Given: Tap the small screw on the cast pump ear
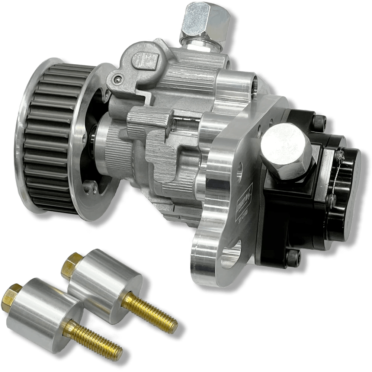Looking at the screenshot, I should click(x=118, y=78).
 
